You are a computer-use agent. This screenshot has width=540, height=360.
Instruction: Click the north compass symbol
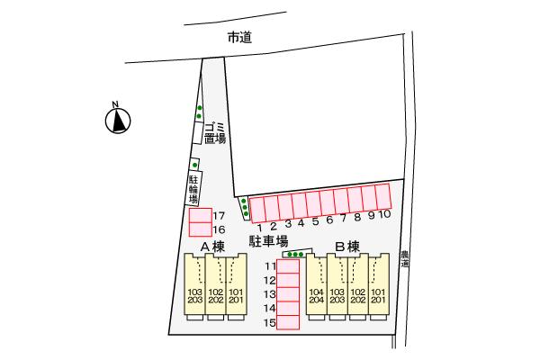tap(117, 121)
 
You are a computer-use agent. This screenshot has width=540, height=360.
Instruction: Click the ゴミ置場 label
tap(213, 131)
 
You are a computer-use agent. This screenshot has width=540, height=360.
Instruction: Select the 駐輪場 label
tap(193, 192)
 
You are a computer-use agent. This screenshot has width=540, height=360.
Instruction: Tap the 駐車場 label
tap(268, 241)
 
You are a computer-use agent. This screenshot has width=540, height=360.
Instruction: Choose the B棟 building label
tap(347, 247)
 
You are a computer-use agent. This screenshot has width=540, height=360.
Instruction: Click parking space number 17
tap(200, 216)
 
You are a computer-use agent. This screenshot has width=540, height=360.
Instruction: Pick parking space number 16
tap(200, 229)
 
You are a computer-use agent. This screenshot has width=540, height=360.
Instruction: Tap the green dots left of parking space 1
tap(244, 208)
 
